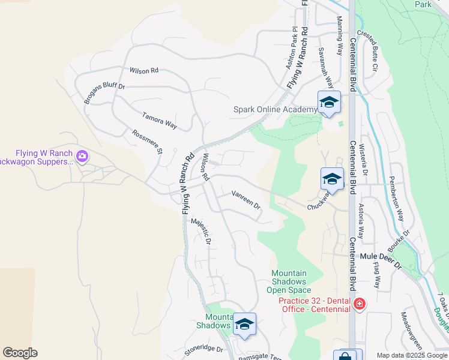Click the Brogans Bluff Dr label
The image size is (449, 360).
[104, 94]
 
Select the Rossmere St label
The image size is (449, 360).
[147, 142]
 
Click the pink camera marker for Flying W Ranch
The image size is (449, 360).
[82, 157]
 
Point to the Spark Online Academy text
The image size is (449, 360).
[274, 109]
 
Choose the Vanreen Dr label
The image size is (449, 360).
[246, 200]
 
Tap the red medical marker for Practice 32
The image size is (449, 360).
[359, 305]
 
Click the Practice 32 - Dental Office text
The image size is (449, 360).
[315, 305]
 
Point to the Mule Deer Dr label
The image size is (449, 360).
[380, 256]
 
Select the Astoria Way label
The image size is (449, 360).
[361, 221]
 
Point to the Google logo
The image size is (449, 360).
[19, 353]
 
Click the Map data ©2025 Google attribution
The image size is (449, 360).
[411, 355]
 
